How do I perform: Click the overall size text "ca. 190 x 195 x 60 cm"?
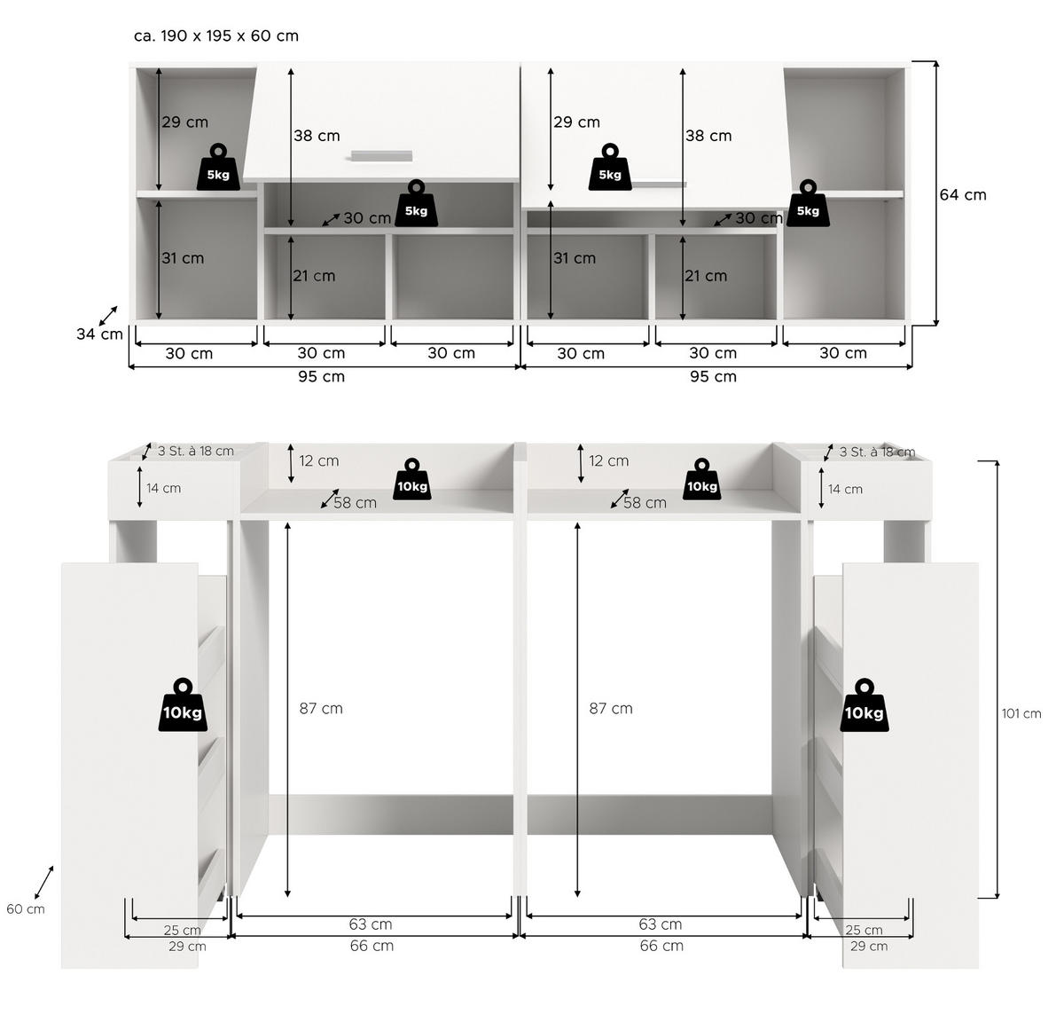(215, 36)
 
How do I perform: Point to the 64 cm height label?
(963, 195)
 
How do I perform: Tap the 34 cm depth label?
(99, 334)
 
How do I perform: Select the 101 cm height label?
(1021, 714)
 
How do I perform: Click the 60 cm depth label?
(25, 909)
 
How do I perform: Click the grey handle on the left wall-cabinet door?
(382, 156)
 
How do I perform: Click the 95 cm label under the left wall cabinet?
(321, 377)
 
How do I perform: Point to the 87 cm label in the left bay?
(320, 709)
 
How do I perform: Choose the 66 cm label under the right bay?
(661, 947)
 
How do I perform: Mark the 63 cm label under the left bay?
(370, 924)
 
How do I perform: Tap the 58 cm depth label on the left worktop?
(355, 503)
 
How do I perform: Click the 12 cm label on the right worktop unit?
(608, 461)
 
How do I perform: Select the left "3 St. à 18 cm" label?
(195, 452)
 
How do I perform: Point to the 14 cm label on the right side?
(845, 490)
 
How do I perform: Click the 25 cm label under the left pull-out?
(182, 931)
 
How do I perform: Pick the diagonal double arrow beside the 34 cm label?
(108, 316)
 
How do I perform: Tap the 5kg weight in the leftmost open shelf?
(218, 166)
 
